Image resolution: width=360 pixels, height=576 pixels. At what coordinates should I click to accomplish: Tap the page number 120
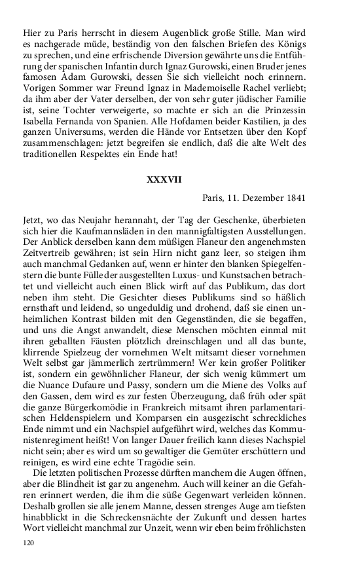[x=29, y=542]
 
